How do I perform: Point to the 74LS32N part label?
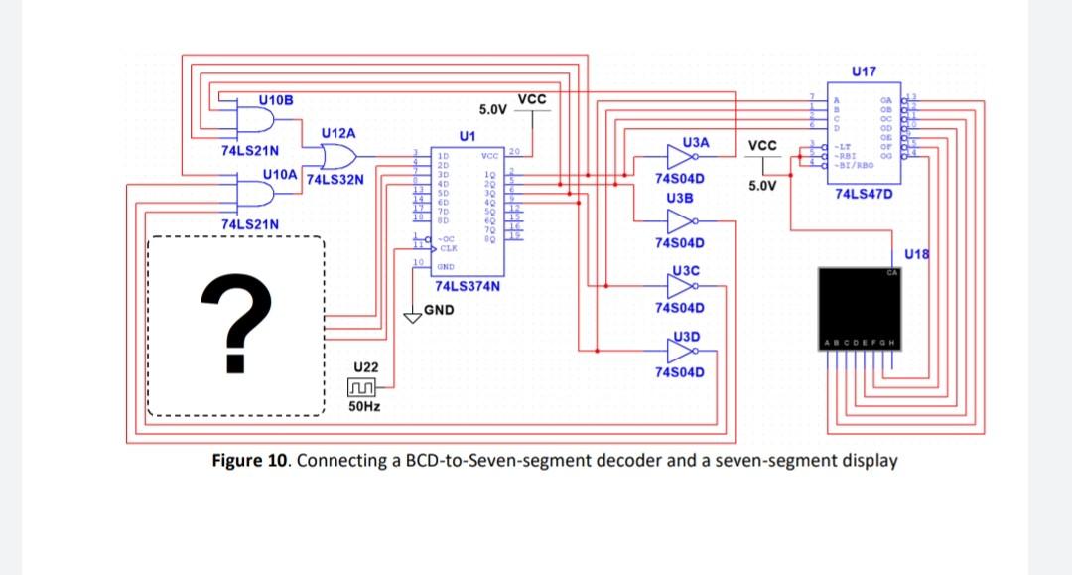tap(335, 181)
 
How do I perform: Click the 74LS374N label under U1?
tap(468, 287)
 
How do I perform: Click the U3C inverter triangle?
tap(684, 286)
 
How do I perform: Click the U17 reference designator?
tap(864, 72)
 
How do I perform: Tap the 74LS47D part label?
tap(864, 194)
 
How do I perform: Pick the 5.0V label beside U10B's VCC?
tap(494, 108)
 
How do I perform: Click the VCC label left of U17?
tap(762, 144)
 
